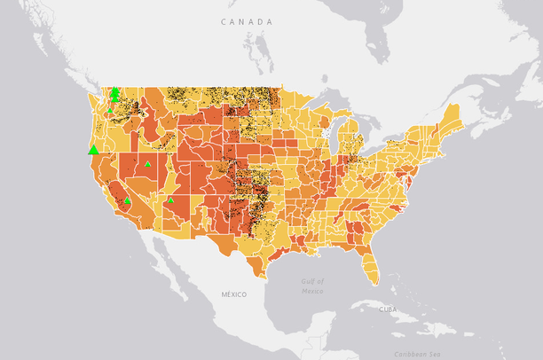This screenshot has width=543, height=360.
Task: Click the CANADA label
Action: tap(247, 20)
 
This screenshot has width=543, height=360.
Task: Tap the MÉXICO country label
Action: tap(234, 293)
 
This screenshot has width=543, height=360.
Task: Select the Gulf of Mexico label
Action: tap(311, 286)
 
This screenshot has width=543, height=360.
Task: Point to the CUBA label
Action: tap(388, 309)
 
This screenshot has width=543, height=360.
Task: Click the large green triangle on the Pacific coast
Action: tap(94, 149)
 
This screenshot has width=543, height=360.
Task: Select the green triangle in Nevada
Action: tap(147, 164)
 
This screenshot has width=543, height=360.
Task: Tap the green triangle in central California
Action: tap(127, 200)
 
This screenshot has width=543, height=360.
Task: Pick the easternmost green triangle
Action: tap(170, 200)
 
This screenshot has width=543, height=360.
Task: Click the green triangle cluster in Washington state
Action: tap(114, 94)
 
